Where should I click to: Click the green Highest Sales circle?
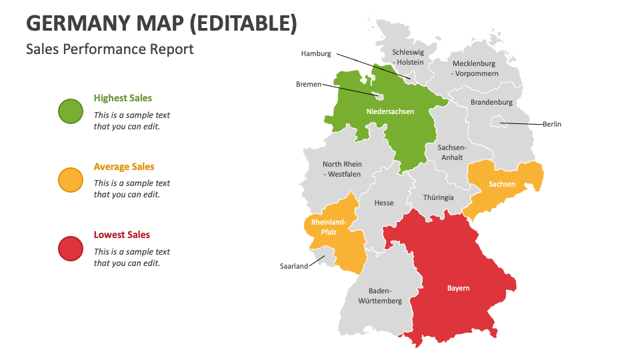click(x=71, y=111)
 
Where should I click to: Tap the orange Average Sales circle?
click(x=71, y=180)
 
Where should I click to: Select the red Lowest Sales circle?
click(x=71, y=249)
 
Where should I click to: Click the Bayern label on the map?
click(x=458, y=288)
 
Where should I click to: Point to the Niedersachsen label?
click(x=390, y=111)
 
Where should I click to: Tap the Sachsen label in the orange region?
click(x=501, y=184)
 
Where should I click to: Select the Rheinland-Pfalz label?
click(x=328, y=227)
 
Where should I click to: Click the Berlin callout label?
click(x=551, y=124)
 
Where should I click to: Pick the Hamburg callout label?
click(x=316, y=53)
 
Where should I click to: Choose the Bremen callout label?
click(x=309, y=85)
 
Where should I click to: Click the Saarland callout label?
click(x=294, y=266)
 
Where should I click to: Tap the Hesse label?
click(x=384, y=203)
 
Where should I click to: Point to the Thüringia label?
click(x=439, y=197)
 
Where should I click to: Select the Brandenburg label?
click(x=491, y=102)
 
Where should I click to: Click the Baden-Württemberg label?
click(x=380, y=295)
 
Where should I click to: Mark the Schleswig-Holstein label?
click(x=408, y=57)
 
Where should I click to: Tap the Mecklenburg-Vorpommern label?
click(x=475, y=68)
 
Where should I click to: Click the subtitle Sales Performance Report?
click(x=110, y=49)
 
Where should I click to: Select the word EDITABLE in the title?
click(x=244, y=23)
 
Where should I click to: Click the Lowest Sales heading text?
click(x=121, y=235)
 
